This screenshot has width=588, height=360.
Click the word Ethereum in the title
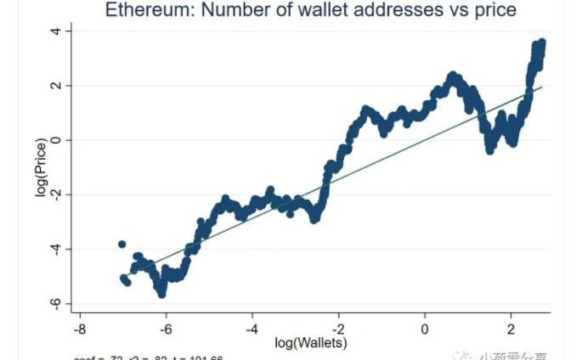(x=146, y=10)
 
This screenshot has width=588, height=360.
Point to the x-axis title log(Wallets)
(x=312, y=343)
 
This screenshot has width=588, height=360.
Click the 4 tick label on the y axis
(x=55, y=31)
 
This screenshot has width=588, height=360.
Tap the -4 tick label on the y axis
(x=54, y=250)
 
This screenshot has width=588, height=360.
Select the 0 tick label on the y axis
(x=55, y=140)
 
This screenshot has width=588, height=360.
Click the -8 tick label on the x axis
(x=78, y=328)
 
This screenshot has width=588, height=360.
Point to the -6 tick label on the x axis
(x=165, y=328)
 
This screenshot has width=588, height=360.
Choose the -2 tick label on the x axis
(x=337, y=328)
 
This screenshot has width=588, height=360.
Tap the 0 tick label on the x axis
(x=425, y=328)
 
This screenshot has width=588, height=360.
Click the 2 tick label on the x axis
(x=512, y=328)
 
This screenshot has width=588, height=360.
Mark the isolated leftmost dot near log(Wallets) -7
(x=122, y=245)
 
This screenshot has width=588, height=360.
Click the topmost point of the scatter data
(x=541, y=42)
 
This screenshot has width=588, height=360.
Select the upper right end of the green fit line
(x=540, y=87)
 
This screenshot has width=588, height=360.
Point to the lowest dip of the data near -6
(x=161, y=293)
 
